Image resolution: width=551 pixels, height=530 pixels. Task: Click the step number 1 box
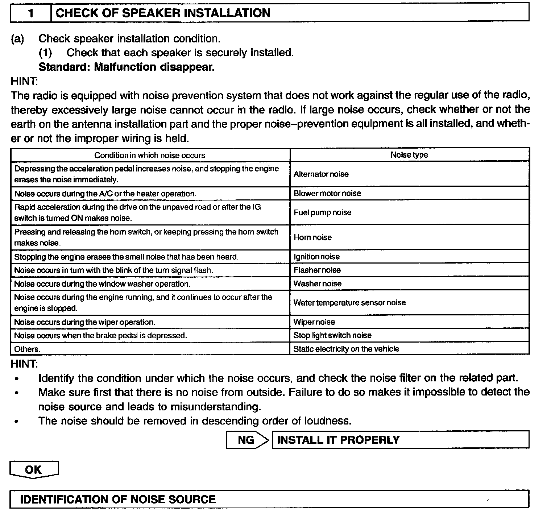click(31, 13)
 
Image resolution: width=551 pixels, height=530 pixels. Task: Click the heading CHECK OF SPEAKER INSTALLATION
click(163, 13)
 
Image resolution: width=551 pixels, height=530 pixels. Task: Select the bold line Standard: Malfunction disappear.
click(127, 67)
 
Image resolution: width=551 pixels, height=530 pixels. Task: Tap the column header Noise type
click(409, 155)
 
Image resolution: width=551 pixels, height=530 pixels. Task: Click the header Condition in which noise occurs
click(150, 155)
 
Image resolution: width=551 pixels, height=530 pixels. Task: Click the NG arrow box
click(246, 440)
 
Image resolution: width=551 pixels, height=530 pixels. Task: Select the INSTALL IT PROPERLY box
click(400, 440)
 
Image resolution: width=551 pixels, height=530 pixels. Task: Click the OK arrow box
click(34, 470)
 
